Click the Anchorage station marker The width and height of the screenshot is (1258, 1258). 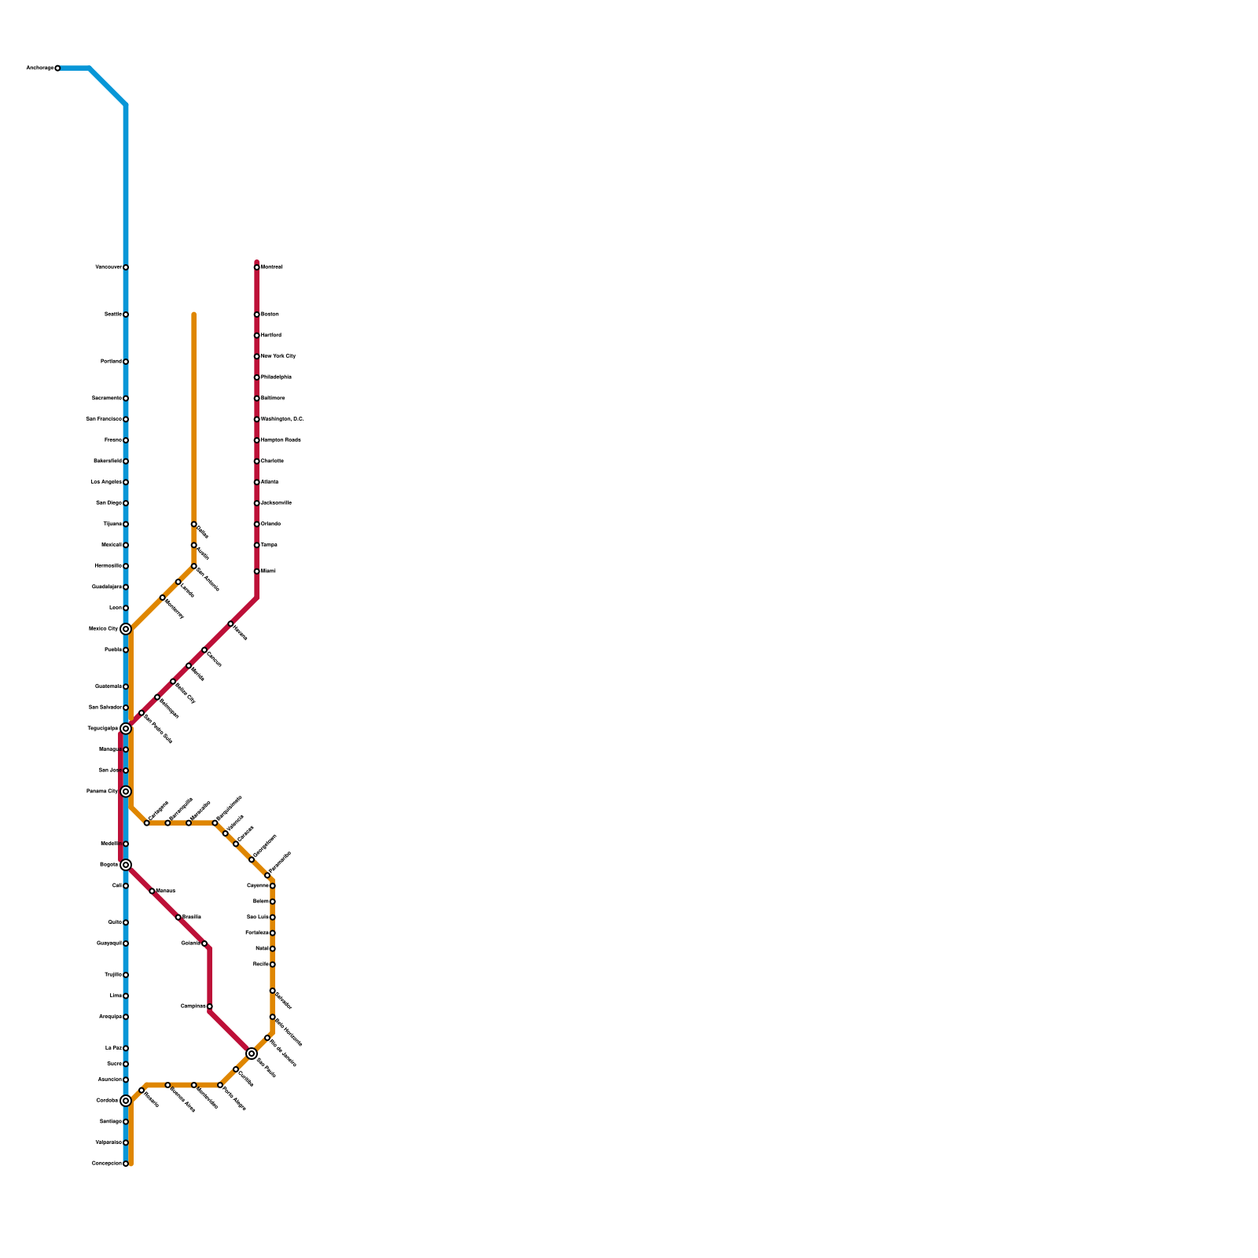click(x=57, y=68)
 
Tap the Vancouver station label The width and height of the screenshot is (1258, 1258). click(x=109, y=267)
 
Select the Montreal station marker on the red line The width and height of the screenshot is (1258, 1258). click(x=257, y=267)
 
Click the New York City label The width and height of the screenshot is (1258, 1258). click(x=278, y=356)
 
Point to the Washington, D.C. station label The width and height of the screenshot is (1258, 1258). click(x=282, y=419)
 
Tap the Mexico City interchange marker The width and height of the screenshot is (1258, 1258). click(x=126, y=629)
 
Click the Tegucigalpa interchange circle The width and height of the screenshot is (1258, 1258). click(x=126, y=729)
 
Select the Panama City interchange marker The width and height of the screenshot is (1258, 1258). click(x=126, y=791)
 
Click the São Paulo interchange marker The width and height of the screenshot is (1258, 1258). click(x=252, y=1054)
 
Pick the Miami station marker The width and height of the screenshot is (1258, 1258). click(x=257, y=572)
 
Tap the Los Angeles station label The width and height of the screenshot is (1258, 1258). click(x=106, y=482)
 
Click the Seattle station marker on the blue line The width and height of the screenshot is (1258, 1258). click(x=126, y=314)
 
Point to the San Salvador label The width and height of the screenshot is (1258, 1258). click(x=105, y=708)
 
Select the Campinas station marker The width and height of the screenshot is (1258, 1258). click(x=210, y=1006)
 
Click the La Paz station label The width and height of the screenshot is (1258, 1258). click(x=112, y=1048)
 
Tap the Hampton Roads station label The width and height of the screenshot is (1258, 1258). click(x=281, y=440)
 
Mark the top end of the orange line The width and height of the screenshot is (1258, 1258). click(x=194, y=314)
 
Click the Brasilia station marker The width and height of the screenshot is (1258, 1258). click(x=178, y=918)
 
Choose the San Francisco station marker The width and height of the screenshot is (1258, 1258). click(x=126, y=419)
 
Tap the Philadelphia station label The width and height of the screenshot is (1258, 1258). click(x=276, y=377)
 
